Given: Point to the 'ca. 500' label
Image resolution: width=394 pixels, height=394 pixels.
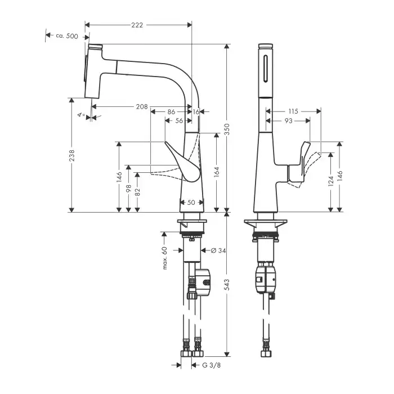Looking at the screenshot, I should coord(67,35).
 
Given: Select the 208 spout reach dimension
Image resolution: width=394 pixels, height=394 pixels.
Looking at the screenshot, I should coord(142,106).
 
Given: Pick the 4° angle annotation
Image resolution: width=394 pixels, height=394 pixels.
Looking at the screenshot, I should coord(82,115).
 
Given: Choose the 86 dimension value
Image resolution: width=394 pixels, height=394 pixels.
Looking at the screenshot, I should coord(171,112).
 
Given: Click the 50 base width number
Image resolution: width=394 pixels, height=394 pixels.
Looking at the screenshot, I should coord(191,202).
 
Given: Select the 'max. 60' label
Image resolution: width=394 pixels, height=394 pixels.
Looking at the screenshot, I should coord(165,257).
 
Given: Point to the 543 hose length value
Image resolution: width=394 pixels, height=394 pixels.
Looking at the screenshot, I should coord(227,287).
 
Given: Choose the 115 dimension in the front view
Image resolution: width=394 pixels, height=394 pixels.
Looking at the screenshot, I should coord(292,111).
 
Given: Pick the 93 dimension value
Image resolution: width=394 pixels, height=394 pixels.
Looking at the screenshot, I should coord(288,120).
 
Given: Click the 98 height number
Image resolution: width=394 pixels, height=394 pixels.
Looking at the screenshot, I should coord(129,190).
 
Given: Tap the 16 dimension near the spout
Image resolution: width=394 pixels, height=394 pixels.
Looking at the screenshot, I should coord(196,112).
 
